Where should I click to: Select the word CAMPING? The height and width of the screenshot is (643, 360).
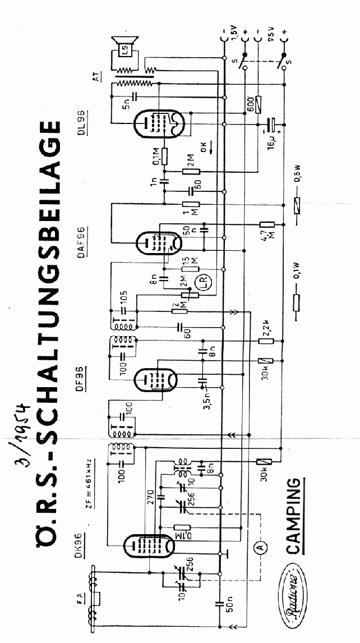294,516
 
